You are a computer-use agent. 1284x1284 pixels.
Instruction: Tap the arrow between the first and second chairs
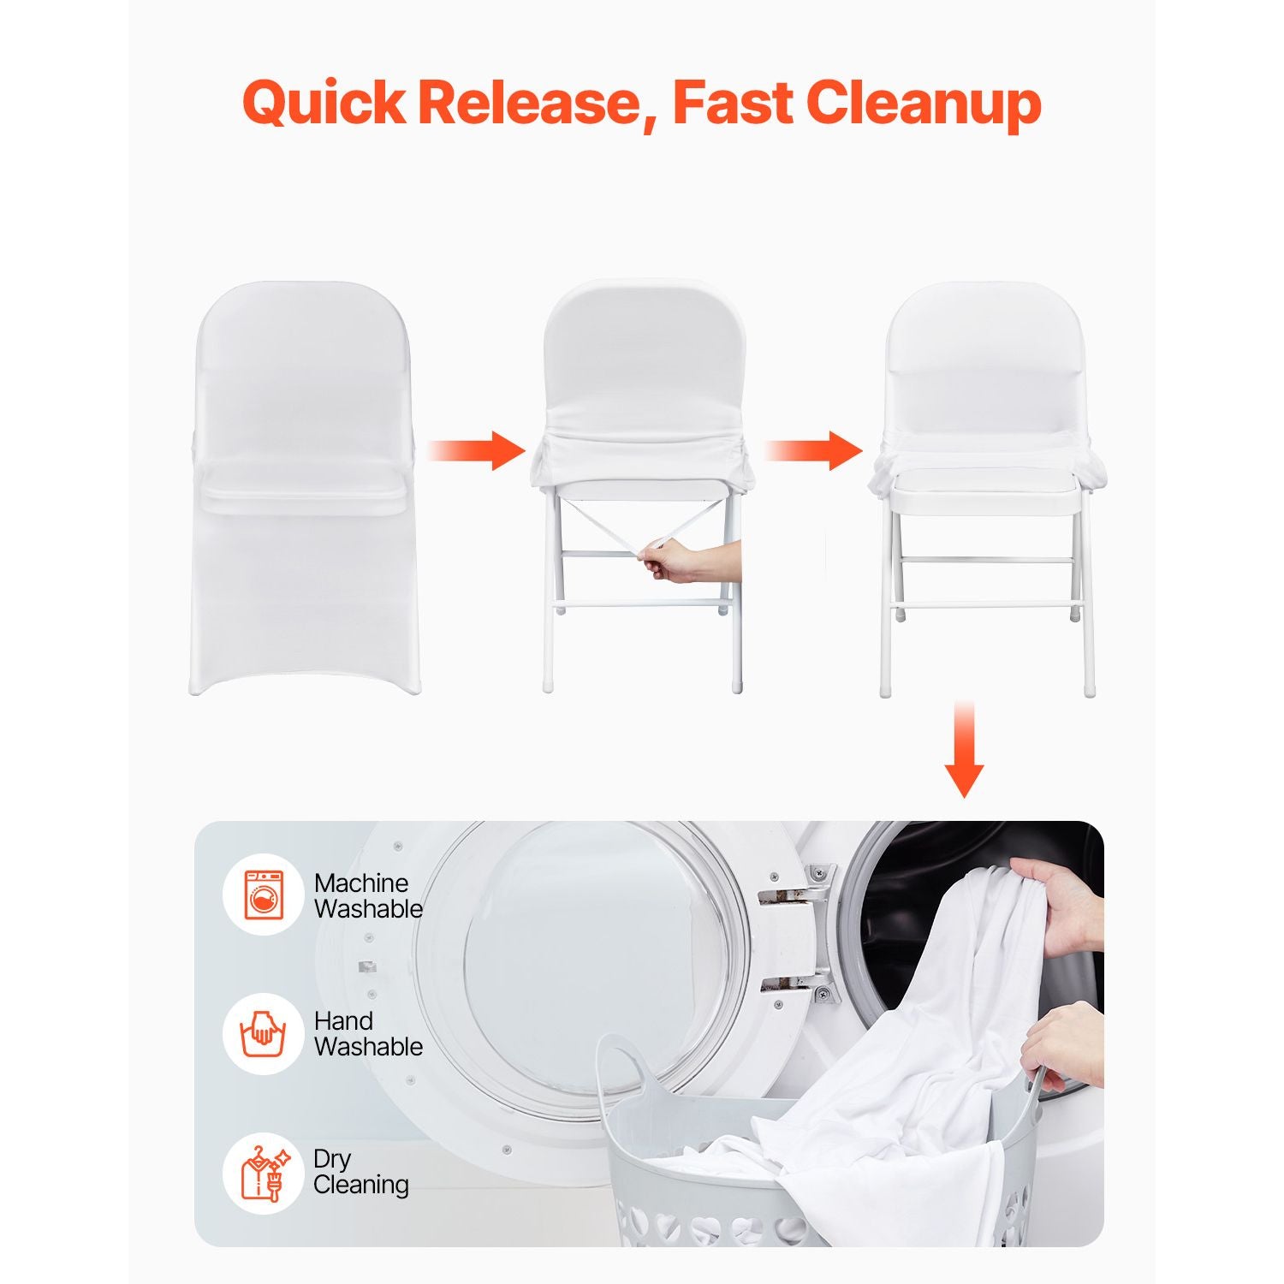[476, 450]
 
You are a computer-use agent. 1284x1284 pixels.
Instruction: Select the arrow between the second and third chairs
[813, 450]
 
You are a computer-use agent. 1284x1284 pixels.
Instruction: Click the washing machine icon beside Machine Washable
[264, 895]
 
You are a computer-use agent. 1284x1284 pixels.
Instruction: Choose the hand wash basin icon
[264, 1032]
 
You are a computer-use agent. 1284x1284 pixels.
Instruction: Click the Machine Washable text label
[368, 895]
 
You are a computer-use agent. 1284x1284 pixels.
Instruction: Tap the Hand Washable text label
[368, 1033]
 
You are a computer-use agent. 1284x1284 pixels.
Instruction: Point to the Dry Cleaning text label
[360, 1171]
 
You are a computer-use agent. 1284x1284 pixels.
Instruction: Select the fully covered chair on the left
[304, 488]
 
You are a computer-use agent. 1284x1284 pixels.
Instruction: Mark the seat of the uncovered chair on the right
[984, 494]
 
